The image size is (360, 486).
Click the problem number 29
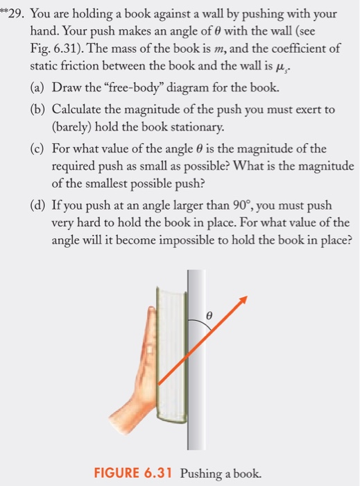coord(15,15)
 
